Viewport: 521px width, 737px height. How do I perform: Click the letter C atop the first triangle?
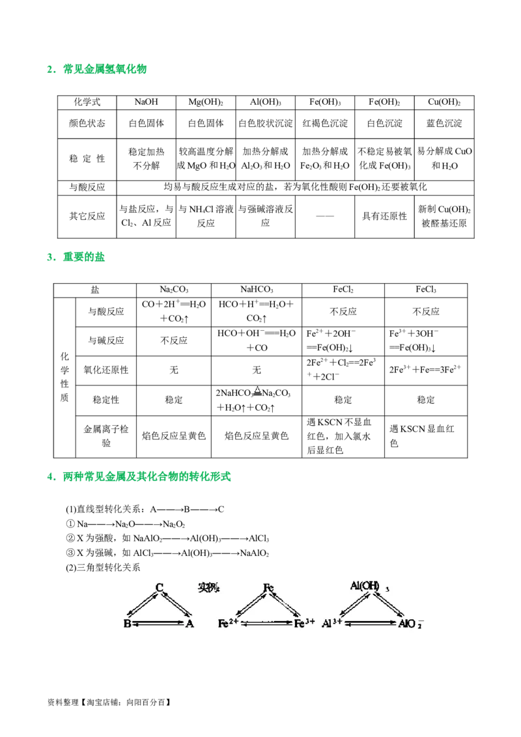point(159,588)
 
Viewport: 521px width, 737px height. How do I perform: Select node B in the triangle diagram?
point(127,624)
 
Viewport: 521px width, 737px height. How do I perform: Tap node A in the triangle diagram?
point(190,624)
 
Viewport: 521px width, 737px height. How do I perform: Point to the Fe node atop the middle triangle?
point(268,588)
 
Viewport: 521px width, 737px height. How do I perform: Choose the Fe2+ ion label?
point(227,624)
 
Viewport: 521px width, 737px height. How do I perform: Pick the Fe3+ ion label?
point(304,624)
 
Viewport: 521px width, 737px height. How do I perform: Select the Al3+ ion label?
point(332,624)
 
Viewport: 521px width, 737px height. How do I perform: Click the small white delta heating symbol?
point(259,393)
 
